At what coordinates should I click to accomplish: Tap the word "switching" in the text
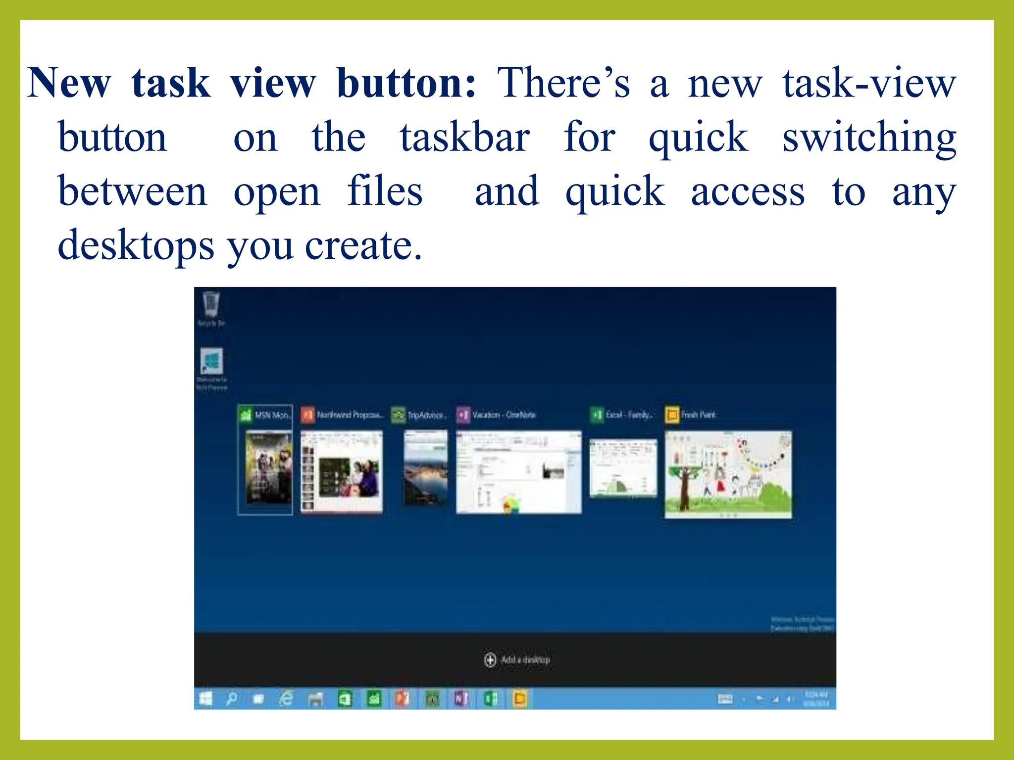(x=869, y=138)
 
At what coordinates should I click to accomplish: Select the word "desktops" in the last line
(x=136, y=245)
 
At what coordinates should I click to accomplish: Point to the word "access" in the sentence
(x=748, y=191)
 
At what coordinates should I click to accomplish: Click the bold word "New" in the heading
(x=69, y=83)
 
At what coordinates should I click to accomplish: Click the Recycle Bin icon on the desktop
(x=211, y=304)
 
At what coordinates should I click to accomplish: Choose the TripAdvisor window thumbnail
(x=426, y=468)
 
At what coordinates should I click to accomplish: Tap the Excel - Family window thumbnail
(x=623, y=468)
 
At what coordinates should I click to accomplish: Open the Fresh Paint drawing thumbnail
(x=728, y=474)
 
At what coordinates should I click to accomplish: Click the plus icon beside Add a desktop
(x=490, y=660)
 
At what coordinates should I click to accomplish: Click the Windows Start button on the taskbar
(x=205, y=699)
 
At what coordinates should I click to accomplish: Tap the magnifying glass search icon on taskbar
(x=231, y=699)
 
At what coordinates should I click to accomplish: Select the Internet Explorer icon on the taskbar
(x=286, y=699)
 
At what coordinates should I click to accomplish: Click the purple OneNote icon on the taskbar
(x=461, y=699)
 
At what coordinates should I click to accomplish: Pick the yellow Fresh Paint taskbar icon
(x=519, y=699)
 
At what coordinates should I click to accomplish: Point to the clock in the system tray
(x=816, y=699)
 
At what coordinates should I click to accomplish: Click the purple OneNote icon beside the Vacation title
(x=463, y=415)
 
